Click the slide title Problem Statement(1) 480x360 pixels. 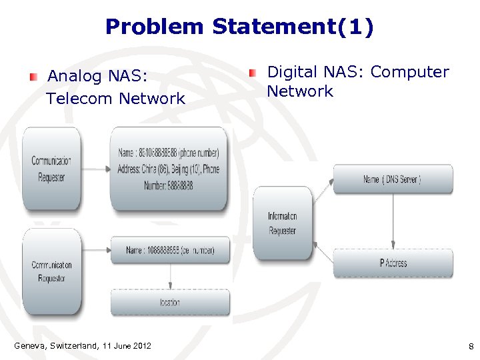[240, 27]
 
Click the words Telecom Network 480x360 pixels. [115, 99]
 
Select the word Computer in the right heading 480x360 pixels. [409, 72]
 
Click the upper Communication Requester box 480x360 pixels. [51, 169]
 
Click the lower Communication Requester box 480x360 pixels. [51, 271]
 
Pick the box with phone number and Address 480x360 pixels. [168, 169]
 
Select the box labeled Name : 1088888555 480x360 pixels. [170, 250]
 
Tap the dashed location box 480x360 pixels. [170, 302]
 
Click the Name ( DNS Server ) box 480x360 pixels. [393, 179]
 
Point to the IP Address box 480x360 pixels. [393, 263]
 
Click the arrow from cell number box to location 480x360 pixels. [171, 276]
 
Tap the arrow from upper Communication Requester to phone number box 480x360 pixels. [95, 169]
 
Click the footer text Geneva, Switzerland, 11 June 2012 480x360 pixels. [83, 345]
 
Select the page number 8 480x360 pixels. [471, 346]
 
